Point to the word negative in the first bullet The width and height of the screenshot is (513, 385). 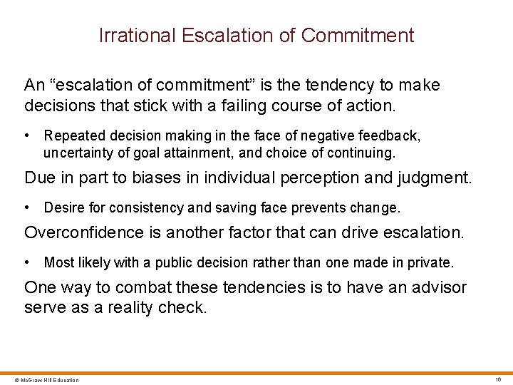coord(309,135)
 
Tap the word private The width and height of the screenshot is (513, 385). coord(430,262)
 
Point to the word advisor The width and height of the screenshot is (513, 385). coord(439,287)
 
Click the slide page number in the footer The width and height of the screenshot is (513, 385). coord(498,379)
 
